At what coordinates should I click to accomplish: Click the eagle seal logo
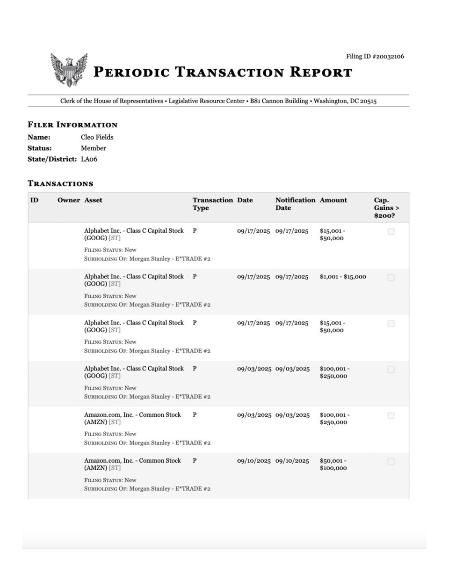pyautogui.click(x=69, y=70)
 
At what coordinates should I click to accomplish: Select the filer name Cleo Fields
pyautogui.click(x=97, y=137)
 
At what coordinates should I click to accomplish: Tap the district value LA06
pyautogui.click(x=89, y=159)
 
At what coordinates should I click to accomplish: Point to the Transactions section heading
pyautogui.click(x=60, y=184)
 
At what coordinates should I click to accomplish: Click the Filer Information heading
pyautogui.click(x=72, y=125)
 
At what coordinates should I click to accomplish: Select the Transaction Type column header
pyautogui.click(x=212, y=204)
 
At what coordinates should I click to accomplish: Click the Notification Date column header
pyautogui.click(x=295, y=204)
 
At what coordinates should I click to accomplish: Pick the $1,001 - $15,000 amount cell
pyautogui.click(x=343, y=277)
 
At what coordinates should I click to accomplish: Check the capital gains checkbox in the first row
pyautogui.click(x=391, y=231)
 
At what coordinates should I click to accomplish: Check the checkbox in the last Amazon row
pyautogui.click(x=391, y=462)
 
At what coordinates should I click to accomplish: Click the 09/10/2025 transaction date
pyautogui.click(x=254, y=461)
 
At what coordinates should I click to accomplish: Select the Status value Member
pyautogui.click(x=94, y=148)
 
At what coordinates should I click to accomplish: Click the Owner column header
pyautogui.click(x=69, y=200)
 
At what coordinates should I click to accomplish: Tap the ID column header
pyautogui.click(x=34, y=200)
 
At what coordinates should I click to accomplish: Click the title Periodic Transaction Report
pyautogui.click(x=223, y=73)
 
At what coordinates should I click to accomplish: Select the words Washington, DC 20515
pyautogui.click(x=345, y=101)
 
